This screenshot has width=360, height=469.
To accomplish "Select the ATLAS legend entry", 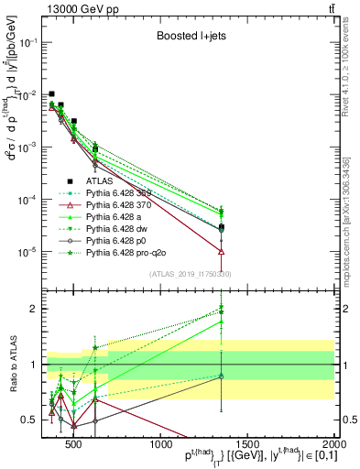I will pos(100,180).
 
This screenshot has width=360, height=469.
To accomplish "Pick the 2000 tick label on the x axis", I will pos(333,445).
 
